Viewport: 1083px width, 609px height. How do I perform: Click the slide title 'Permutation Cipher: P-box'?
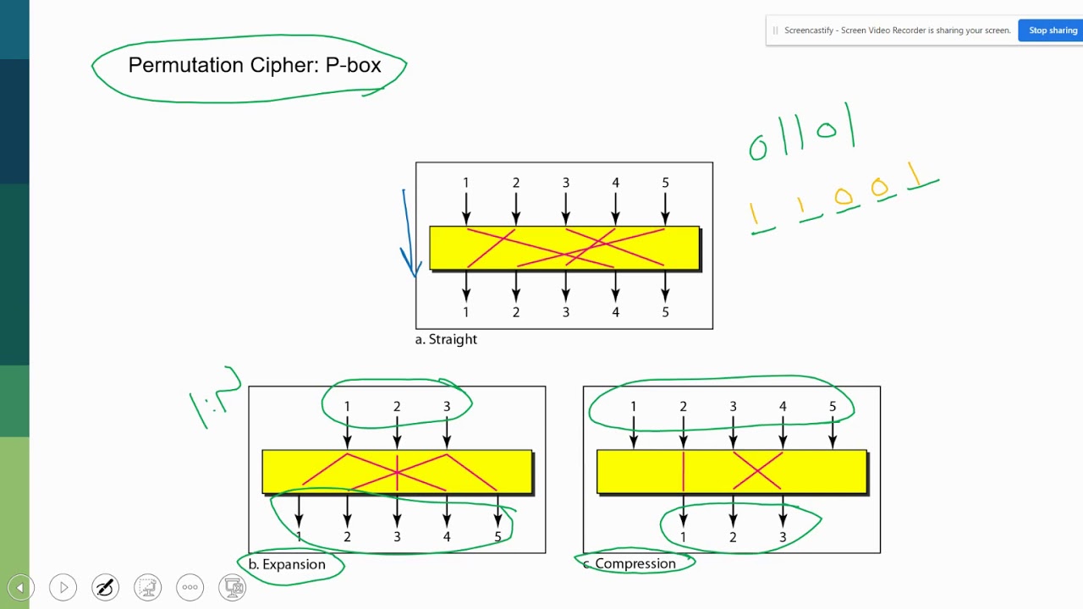click(x=255, y=65)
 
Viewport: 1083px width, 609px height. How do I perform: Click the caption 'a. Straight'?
click(x=446, y=339)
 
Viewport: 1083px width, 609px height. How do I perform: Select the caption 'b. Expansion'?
click(x=287, y=564)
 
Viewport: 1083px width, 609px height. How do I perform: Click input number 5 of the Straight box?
click(x=665, y=183)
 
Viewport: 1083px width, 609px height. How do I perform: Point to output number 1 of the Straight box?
click(x=465, y=312)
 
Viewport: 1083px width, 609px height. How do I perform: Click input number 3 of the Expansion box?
click(x=447, y=407)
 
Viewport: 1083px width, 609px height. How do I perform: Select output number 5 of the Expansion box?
click(x=498, y=537)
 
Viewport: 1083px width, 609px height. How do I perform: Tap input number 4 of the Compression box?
click(x=783, y=407)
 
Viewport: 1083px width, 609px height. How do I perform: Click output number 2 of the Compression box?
click(x=733, y=537)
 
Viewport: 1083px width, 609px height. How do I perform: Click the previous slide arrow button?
click(x=20, y=587)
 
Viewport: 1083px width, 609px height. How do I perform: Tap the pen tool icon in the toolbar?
click(x=105, y=587)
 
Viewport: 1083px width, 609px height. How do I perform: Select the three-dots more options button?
click(x=190, y=587)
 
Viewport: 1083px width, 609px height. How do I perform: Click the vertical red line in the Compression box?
click(x=684, y=472)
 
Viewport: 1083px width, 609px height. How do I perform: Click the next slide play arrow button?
click(x=63, y=587)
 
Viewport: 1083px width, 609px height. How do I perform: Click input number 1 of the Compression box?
click(x=633, y=407)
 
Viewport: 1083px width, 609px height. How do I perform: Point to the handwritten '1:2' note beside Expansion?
click(x=213, y=398)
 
